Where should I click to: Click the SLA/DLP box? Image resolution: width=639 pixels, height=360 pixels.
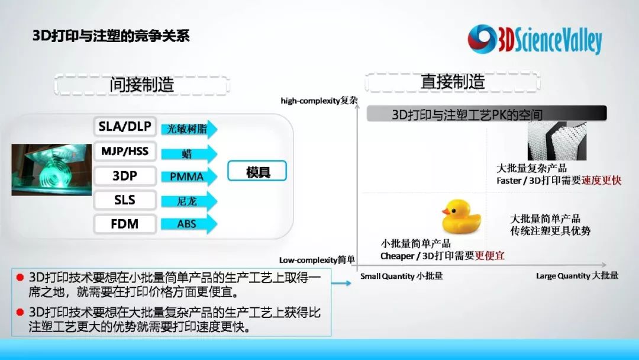tap(125, 127)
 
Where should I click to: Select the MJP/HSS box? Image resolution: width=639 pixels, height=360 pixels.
tap(125, 151)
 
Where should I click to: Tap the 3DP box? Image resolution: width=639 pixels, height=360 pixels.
tap(125, 176)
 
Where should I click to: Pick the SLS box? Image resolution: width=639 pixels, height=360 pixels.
tap(125, 200)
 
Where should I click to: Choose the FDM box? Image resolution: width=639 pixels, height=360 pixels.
tap(125, 224)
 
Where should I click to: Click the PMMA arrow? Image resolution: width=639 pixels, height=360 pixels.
tap(189, 176)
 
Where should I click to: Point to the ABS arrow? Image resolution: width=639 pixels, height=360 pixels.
tap(189, 224)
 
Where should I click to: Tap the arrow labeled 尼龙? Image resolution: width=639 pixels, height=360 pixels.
tap(189, 201)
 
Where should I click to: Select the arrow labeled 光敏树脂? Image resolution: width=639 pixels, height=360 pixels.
tap(189, 129)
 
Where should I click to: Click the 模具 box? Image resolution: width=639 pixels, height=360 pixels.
tap(257, 171)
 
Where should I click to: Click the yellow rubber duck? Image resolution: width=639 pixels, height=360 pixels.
tap(461, 216)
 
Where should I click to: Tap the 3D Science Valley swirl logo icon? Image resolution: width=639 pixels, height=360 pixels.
tap(482, 39)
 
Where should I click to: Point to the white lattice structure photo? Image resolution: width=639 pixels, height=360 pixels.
tap(557, 141)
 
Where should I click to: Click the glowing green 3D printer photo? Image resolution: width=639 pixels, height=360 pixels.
tap(51, 169)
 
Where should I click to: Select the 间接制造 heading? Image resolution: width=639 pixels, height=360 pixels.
tap(142, 85)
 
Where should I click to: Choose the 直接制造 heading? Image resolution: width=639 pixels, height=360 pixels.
tap(453, 82)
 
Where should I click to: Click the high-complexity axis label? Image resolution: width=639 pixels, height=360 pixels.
tap(319, 100)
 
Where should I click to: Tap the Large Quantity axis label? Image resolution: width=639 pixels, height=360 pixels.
tap(577, 276)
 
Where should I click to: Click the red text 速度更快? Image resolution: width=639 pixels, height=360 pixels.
tap(602, 180)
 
